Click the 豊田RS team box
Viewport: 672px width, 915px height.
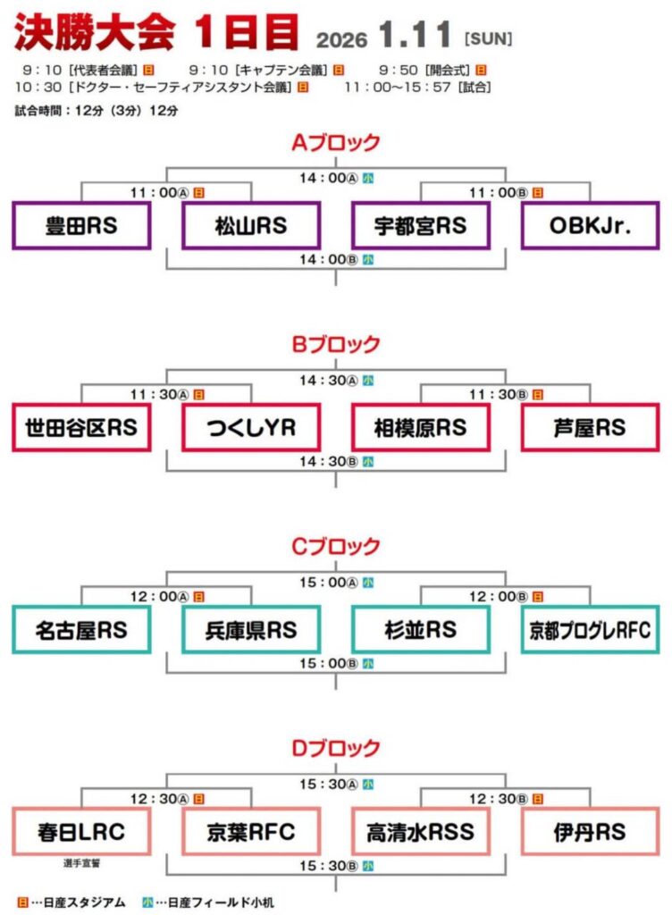tap(81, 226)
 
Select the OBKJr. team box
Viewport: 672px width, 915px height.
tap(590, 226)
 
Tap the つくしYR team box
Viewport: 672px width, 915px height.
tap(251, 428)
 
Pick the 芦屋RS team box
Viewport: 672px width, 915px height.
tap(590, 428)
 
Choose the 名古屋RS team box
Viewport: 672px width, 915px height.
tap(81, 630)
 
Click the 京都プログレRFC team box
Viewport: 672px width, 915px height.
tap(590, 630)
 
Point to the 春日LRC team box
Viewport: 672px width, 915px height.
tap(81, 832)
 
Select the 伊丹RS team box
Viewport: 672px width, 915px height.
tap(590, 832)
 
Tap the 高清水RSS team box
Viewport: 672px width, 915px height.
tap(420, 832)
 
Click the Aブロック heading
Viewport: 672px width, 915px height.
tap(336, 142)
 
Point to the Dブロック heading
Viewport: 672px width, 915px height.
tap(336, 748)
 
